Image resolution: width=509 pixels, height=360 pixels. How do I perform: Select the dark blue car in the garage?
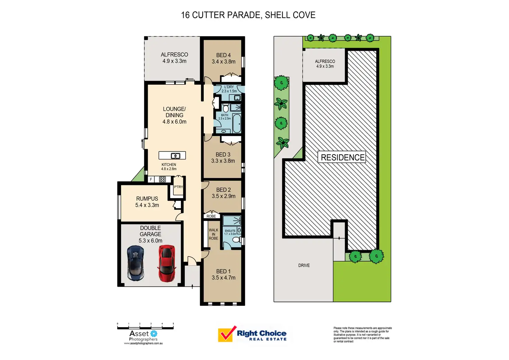pos(136,263)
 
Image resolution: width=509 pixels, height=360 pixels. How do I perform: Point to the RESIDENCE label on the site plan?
pos(342,157)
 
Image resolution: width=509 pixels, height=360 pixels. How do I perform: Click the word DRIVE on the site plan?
pos(304,266)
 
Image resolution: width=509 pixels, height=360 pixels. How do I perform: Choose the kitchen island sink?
pos(175,156)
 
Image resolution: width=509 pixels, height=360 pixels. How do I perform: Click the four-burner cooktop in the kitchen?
pos(162,179)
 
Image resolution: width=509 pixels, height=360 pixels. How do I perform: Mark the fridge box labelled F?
pos(151,179)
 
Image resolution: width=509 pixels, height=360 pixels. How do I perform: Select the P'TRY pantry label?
pos(178,187)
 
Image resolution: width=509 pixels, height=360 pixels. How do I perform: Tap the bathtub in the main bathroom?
pos(237,124)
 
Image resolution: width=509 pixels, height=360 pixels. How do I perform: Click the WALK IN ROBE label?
pos(213,234)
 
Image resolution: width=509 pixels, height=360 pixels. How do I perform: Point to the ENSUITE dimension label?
pos(230,232)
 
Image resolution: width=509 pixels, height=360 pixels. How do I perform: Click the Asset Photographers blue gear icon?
pos(154,334)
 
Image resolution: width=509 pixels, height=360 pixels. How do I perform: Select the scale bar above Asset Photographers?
pos(145,326)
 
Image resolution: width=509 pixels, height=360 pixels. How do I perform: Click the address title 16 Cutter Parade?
pos(248,15)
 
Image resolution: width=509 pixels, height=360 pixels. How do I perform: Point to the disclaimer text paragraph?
pos(362,334)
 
